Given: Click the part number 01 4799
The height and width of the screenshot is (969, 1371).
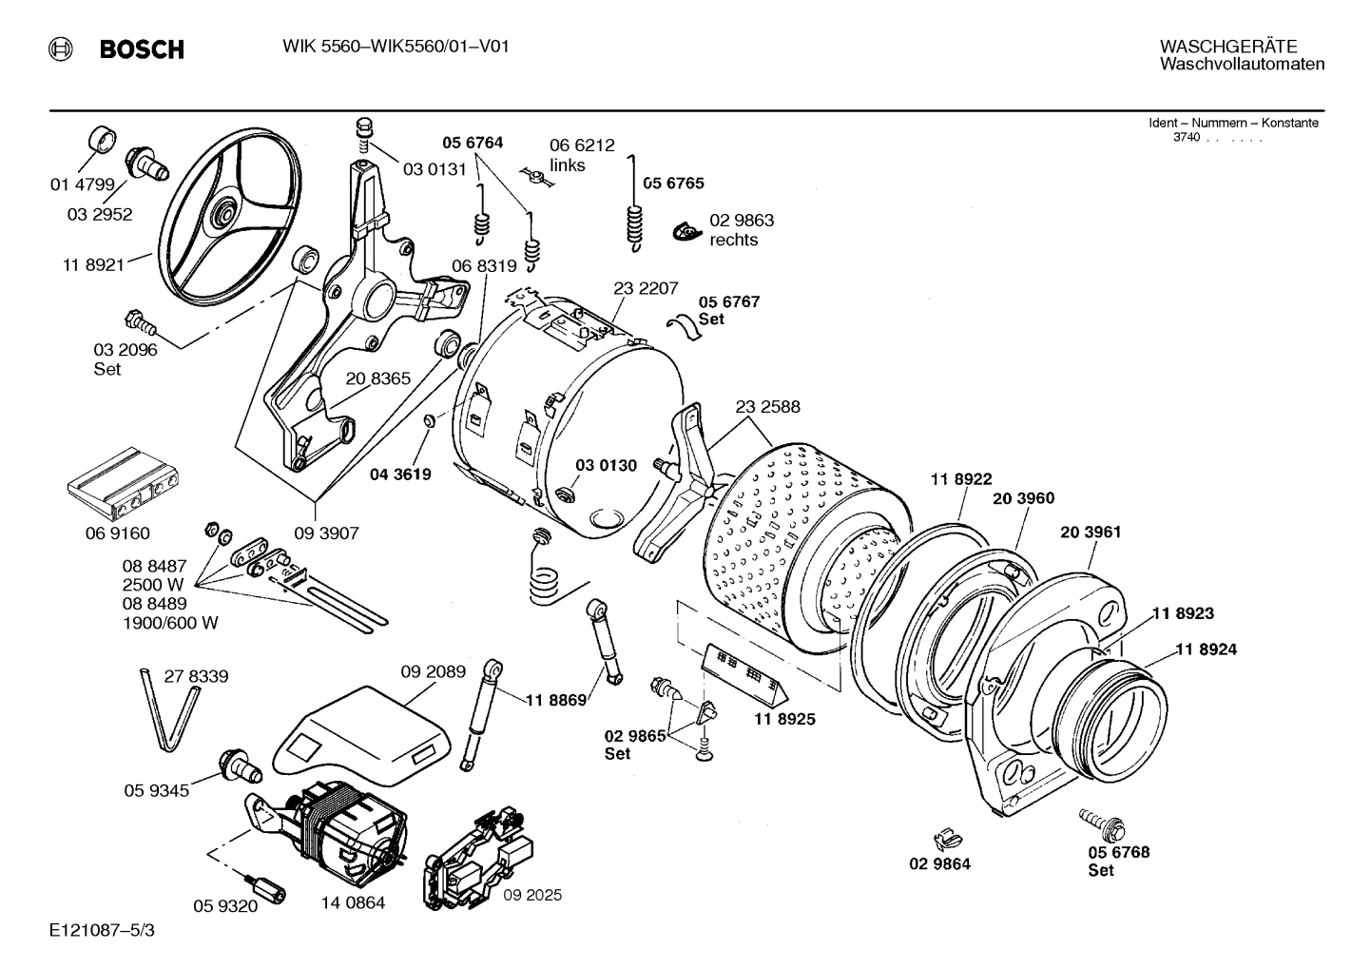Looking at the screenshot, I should pyautogui.click(x=82, y=184).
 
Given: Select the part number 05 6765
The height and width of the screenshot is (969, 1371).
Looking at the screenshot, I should pyautogui.click(x=674, y=184).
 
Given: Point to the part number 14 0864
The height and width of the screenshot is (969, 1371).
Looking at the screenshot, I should pyautogui.click(x=353, y=902).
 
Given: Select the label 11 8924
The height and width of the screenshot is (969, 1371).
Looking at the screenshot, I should pyautogui.click(x=1206, y=649).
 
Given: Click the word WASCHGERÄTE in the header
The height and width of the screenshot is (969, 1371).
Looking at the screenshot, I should pyautogui.click(x=1227, y=46).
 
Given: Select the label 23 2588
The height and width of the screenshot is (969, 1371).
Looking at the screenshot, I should pyautogui.click(x=767, y=406).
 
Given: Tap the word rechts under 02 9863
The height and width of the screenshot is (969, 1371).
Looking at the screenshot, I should pyautogui.click(x=733, y=240).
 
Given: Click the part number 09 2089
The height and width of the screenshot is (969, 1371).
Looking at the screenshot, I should pyautogui.click(x=433, y=671).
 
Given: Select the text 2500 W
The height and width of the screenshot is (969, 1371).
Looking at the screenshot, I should pyautogui.click(x=153, y=584).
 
